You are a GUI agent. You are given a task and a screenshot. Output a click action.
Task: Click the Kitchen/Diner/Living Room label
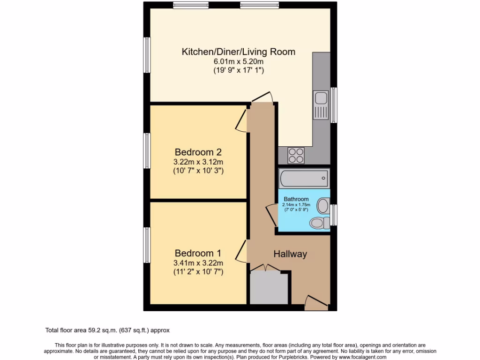click(x=238, y=52)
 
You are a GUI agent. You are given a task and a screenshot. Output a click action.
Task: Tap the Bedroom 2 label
click(x=198, y=152)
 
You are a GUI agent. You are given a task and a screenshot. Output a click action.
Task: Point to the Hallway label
click(x=290, y=254)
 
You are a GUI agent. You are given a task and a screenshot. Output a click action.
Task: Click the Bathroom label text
click(x=296, y=199)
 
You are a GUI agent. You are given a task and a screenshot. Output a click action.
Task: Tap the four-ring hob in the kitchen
click(x=296, y=155)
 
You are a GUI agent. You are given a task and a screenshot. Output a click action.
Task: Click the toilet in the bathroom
click(x=320, y=223)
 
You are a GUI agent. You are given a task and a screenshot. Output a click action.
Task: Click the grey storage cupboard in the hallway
click(x=269, y=287)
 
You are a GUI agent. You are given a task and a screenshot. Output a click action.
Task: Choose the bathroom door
click(x=271, y=216)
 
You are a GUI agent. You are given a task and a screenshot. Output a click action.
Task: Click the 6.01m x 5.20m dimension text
click(x=238, y=61)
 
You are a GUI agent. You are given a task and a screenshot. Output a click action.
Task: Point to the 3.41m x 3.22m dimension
click(x=198, y=262)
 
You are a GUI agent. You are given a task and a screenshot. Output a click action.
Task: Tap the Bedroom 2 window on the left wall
click(x=147, y=151)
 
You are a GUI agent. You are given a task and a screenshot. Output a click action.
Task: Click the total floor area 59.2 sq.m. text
click(x=110, y=330)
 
